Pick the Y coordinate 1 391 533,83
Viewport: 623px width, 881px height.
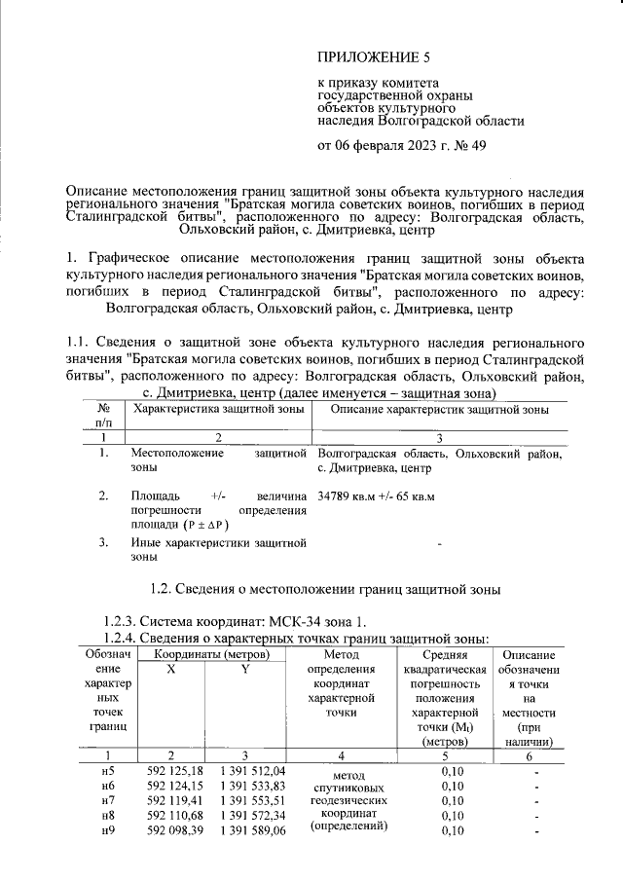[252, 786]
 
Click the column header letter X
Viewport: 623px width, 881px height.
[171, 672]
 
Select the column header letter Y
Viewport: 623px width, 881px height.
[245, 672]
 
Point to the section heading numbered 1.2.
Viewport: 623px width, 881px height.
[325, 589]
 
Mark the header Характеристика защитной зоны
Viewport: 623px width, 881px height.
[215, 411]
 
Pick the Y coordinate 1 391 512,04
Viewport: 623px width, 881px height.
[252, 771]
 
